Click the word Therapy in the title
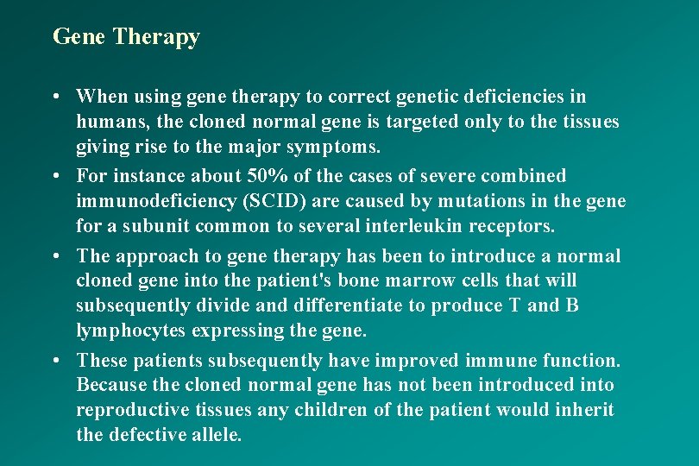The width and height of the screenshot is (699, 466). coord(156,37)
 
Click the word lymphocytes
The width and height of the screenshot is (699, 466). coord(123,331)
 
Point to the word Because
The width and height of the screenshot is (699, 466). coord(109,385)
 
